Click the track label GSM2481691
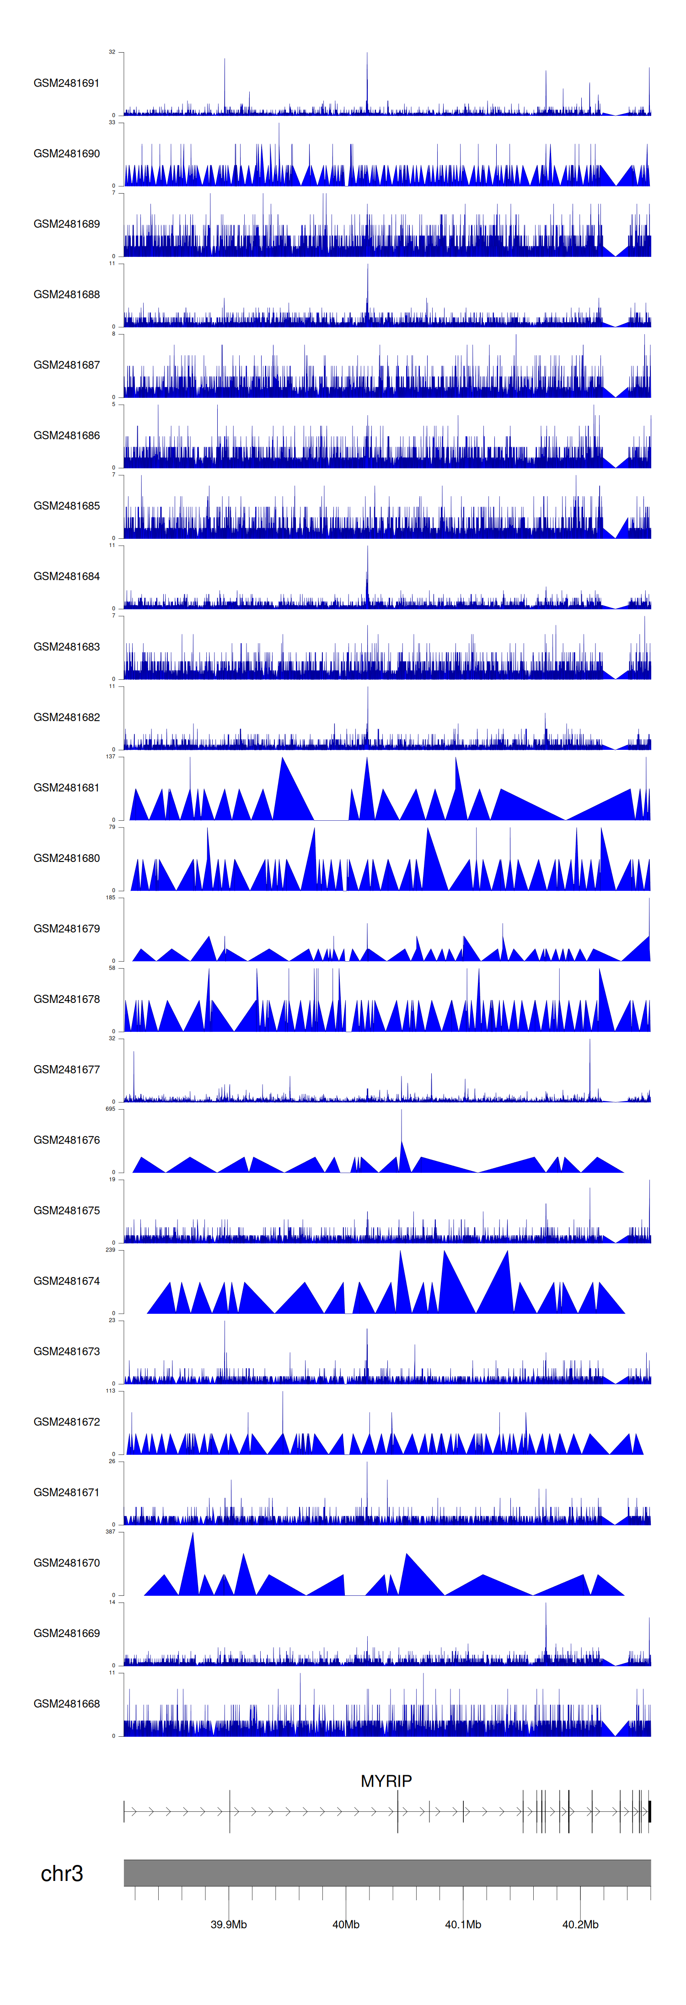pos(66,83)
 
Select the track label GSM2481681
pos(66,788)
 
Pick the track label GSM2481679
pos(66,928)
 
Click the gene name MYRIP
pos(386,1781)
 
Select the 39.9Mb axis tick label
pos(229,1924)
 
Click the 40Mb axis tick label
pos(346,1924)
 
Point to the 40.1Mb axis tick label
pos(463,1924)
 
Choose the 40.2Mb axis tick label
pos(580,1924)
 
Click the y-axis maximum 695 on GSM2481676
pos(110,1108)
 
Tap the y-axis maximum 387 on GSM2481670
pos(110,1531)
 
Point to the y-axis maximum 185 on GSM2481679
pos(110,897)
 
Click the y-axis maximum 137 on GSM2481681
pos(110,757)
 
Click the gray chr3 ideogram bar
pos(386,1873)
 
